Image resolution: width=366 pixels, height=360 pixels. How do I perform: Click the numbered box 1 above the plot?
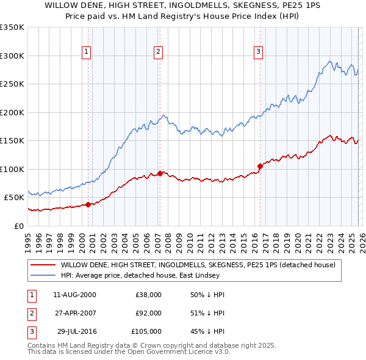point(87,52)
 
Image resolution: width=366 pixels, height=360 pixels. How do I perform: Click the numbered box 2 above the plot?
point(158,52)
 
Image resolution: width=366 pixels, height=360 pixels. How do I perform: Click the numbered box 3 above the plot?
point(258,52)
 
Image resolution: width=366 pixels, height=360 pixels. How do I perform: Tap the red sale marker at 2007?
point(160,173)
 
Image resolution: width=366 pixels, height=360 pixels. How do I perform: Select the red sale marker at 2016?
point(260,165)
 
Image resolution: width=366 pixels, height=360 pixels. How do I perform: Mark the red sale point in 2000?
point(88,204)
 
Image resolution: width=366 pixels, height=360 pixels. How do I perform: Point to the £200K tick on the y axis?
point(12,112)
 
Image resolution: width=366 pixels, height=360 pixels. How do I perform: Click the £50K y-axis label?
point(14,197)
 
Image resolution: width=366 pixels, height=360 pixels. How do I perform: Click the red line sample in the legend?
point(43,265)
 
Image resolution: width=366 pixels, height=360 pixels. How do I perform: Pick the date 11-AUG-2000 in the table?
point(74,295)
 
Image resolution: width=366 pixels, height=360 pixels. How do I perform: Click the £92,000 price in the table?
point(148,313)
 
